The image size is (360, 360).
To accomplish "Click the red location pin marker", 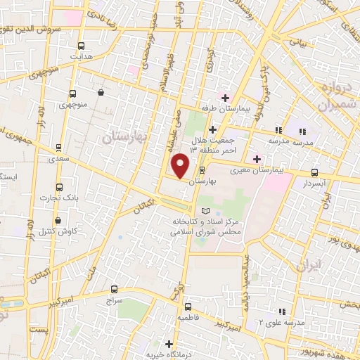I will pyautogui.click(x=181, y=165).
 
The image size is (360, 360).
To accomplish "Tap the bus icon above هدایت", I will pyautogui.click(x=82, y=44).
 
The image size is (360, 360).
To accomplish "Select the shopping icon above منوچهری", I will pyautogui.click(x=102, y=92).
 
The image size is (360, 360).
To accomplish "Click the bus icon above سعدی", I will pyautogui.click(x=58, y=148).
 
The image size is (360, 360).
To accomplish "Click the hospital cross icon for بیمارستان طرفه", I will pyautogui.click(x=225, y=97).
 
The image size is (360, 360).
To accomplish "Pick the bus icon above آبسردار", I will pyautogui.click(x=314, y=172).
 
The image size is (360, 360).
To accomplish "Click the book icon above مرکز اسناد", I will pyautogui.click(x=205, y=211).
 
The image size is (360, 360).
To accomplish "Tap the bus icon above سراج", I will pyautogui.click(x=115, y=289).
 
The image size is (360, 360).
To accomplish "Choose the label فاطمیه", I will pyautogui.click(x=191, y=318).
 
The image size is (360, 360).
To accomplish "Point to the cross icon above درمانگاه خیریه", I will pyautogui.click(x=169, y=344).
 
